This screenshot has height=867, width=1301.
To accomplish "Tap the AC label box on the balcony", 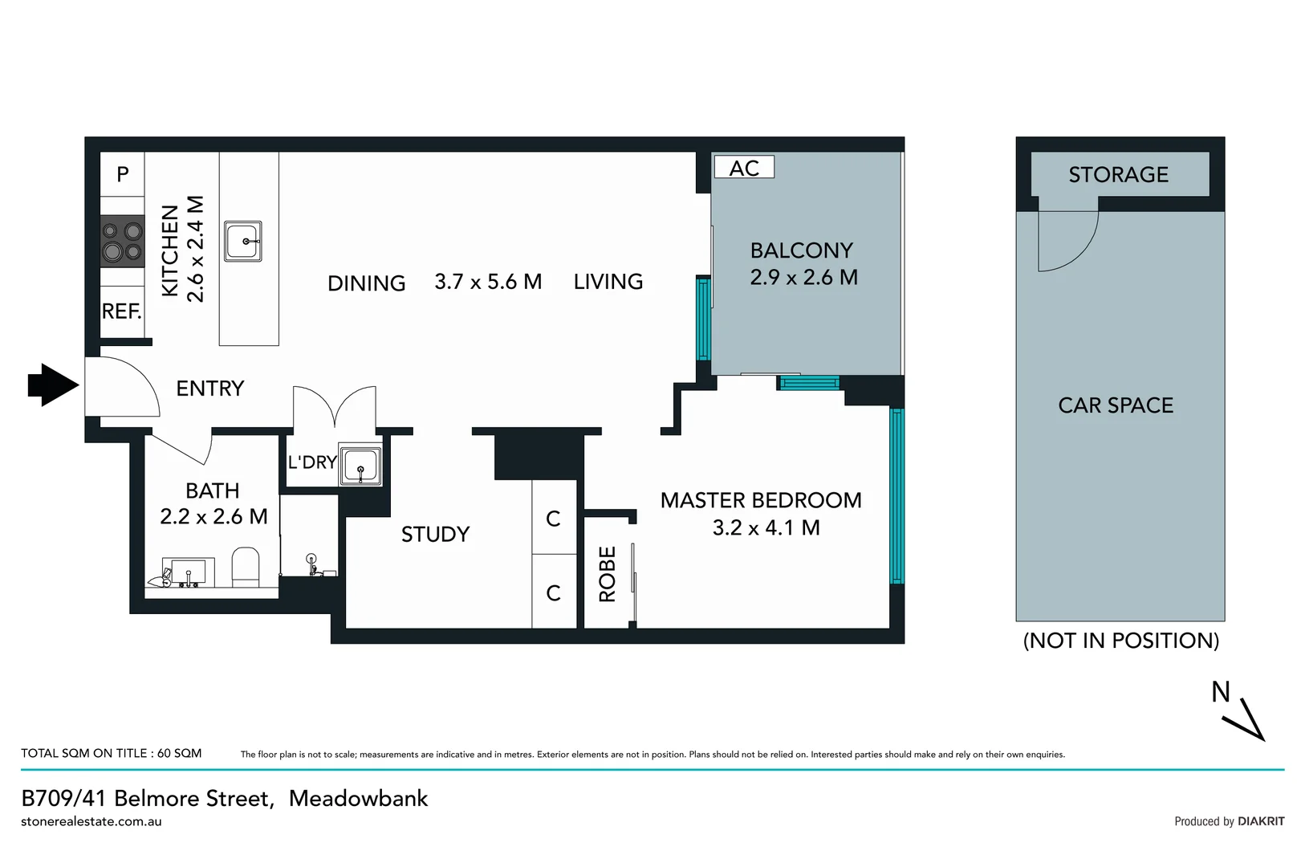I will tap(744, 168).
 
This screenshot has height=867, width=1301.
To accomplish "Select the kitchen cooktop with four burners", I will tap(122, 242).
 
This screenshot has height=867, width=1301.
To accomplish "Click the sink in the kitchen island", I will tap(242, 241).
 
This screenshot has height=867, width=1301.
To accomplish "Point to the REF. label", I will tap(121, 311).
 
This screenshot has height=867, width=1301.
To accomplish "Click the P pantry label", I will tap(123, 174).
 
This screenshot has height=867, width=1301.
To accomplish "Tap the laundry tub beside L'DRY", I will tap(360, 465).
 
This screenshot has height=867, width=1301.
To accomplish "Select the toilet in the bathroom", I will tap(246, 566).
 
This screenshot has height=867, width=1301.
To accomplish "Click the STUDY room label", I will tap(435, 535).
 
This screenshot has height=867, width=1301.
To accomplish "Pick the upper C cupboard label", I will tap(553, 519).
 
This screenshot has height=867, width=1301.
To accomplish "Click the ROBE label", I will tap(608, 574).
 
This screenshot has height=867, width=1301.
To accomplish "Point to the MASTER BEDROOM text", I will tap(760, 500).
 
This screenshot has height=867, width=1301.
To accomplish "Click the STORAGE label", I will tap(1118, 175).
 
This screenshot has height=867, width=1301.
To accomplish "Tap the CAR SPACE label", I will tap(1116, 405).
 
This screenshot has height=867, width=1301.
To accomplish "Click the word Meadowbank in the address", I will tap(359, 799).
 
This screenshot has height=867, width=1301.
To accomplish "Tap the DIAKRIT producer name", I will tap(1260, 821).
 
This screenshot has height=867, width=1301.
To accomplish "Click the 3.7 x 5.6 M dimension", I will tap(488, 282).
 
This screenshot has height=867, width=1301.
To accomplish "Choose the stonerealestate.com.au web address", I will tap(91, 821).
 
